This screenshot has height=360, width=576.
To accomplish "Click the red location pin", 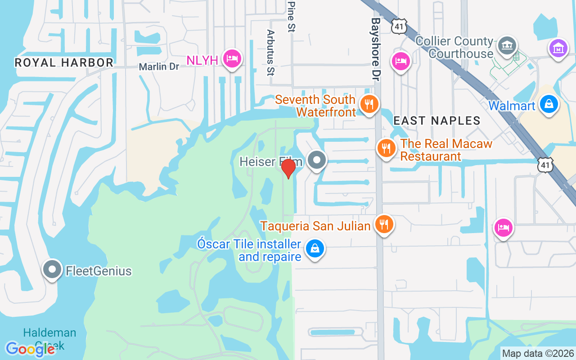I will pos(288,169).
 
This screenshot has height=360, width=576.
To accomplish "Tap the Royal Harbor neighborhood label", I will pos(64,63).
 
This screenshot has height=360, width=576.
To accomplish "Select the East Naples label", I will pos(437,121).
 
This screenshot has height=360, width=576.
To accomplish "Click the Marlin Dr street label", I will pos(159,67).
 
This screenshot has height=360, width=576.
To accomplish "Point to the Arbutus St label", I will pos(270,52).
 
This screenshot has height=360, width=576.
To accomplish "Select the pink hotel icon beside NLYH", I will pos(232,58).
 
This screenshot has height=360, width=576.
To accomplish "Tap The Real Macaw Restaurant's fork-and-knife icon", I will pos(386,148).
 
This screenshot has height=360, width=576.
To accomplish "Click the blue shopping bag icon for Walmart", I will pos(549,104).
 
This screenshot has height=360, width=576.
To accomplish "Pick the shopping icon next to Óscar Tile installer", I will pos(315,248).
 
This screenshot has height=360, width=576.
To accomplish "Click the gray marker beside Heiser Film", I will pos(317,160).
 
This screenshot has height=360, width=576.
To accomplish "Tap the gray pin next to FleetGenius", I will pos(52,269).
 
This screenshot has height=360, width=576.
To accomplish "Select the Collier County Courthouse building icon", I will pos(507,45).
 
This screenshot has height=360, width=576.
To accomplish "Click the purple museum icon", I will pos(558,48).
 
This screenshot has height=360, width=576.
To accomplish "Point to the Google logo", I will pos(30,349).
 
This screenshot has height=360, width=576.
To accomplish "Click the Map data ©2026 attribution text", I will pos(538,353).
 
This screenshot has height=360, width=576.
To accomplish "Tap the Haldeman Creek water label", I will pos(49,339).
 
